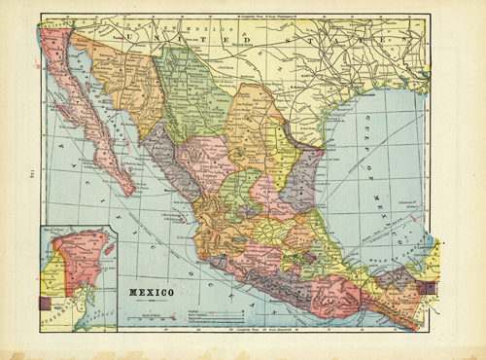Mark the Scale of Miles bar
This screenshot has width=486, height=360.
click(x=149, y=311)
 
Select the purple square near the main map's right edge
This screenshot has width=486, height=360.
click(x=434, y=287)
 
